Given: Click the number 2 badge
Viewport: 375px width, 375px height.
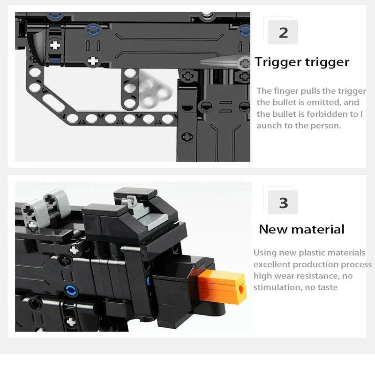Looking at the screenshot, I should tap(283, 32).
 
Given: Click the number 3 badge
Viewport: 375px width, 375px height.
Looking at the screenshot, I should tap(283, 202).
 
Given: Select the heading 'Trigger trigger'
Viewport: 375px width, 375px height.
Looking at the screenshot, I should tap(302, 62).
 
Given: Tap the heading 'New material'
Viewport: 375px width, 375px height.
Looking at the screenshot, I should tap(301, 229).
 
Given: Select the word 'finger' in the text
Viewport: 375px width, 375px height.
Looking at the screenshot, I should tap(286, 91).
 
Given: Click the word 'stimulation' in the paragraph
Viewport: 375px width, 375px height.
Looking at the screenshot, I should tap(277, 287).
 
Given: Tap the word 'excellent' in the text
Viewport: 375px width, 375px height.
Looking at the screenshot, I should tap(272, 264).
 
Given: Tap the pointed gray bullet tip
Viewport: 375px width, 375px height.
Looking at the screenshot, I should tap(220, 62).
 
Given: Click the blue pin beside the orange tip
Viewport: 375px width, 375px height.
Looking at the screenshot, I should tap(149, 281).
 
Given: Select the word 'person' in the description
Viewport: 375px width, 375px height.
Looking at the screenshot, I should tap(322, 126).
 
